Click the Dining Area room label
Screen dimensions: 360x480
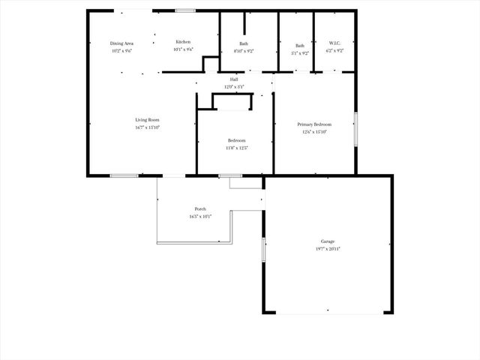pyautogui.click(x=121, y=44)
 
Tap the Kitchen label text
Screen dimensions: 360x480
pyautogui.click(x=183, y=42)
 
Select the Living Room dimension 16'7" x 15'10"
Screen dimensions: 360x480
pyautogui.click(x=147, y=127)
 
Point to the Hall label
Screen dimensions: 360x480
pyautogui.click(x=234, y=79)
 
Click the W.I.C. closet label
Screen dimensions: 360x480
pyautogui.click(x=334, y=44)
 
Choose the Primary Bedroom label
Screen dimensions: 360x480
pyautogui.click(x=314, y=124)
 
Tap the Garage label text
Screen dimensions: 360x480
pyautogui.click(x=328, y=241)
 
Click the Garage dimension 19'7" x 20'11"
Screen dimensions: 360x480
pyautogui.click(x=328, y=248)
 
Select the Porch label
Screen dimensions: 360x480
pyautogui.click(x=200, y=209)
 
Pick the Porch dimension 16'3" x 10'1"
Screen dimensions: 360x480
pyautogui.click(x=200, y=217)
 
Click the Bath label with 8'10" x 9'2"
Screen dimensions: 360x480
pyautogui.click(x=244, y=44)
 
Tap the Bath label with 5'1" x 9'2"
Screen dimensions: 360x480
pyautogui.click(x=300, y=46)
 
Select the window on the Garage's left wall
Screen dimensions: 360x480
pyautogui.click(x=263, y=249)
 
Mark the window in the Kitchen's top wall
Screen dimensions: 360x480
pyautogui.click(x=186, y=10)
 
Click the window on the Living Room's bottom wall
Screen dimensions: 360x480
pyautogui.click(x=123, y=176)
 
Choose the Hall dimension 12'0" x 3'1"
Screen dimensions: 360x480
pyautogui.click(x=234, y=87)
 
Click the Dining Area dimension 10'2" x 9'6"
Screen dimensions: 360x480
pyautogui.click(x=121, y=52)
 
